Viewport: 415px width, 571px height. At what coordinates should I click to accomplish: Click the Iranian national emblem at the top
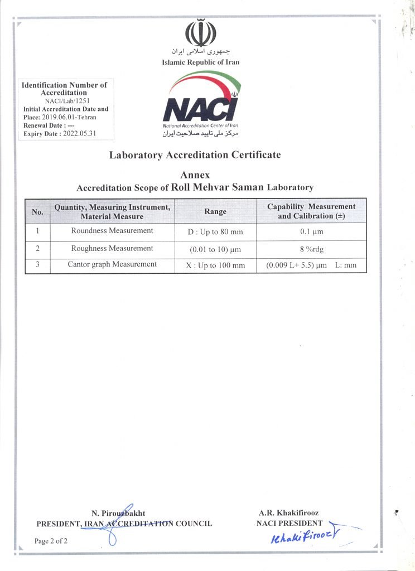click(200, 33)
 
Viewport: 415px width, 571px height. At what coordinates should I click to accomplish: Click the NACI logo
click(201, 106)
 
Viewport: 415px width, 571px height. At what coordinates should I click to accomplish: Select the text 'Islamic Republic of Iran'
click(200, 62)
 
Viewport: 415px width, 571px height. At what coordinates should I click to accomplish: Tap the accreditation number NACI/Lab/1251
click(64, 101)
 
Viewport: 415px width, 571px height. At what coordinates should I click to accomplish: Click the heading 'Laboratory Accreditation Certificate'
click(195, 155)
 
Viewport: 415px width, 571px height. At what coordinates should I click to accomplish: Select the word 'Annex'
click(195, 176)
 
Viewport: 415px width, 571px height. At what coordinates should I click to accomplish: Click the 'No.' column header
click(38, 212)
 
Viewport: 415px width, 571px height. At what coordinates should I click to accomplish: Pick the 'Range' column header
click(215, 212)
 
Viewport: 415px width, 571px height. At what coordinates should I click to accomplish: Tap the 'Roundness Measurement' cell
click(112, 231)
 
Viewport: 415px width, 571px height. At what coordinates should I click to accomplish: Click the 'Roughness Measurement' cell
click(112, 248)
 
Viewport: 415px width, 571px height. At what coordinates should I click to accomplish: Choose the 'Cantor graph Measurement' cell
click(112, 264)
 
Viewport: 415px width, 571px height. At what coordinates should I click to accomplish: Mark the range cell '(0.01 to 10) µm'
click(215, 249)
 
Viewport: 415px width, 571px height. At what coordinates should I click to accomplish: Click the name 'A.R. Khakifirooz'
click(289, 513)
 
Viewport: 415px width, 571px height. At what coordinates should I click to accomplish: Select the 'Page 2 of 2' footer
click(51, 541)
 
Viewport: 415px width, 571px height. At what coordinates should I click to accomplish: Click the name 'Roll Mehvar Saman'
click(217, 187)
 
